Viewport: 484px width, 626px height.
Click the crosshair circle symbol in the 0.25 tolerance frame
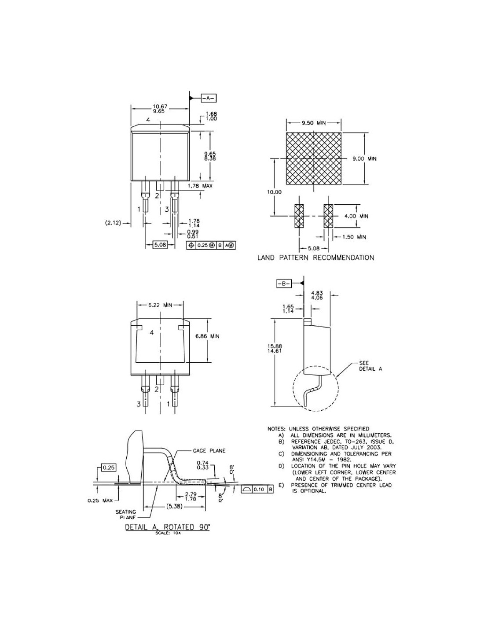click(x=191, y=245)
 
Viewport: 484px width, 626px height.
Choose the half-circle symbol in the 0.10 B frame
click(x=247, y=489)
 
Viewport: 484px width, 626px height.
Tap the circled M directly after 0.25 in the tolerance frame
click(x=212, y=245)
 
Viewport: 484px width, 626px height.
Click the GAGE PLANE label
click(x=209, y=451)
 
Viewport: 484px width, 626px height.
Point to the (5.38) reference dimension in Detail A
click(x=174, y=506)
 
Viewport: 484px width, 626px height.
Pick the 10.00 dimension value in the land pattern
click(x=274, y=192)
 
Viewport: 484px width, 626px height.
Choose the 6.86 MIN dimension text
click(x=207, y=336)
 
